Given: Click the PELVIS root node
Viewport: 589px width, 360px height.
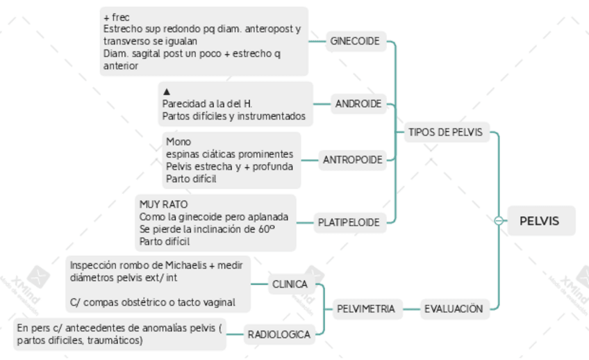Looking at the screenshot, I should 539,222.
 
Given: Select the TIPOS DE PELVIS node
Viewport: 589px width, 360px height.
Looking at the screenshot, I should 445,132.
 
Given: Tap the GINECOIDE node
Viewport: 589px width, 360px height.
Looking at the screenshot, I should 354,41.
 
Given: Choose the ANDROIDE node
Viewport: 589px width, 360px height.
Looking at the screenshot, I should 358,104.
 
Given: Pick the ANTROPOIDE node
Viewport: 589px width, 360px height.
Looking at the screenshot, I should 352,160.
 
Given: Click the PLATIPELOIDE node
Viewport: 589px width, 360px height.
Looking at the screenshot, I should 349,222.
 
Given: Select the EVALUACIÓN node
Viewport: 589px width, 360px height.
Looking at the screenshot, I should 453,309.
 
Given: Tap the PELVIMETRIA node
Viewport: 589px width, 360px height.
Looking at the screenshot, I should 366,309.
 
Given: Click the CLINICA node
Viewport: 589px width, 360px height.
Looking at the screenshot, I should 290,284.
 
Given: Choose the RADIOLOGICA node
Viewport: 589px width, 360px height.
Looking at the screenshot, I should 279,334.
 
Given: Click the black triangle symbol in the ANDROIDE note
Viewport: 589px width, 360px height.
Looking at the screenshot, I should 167,91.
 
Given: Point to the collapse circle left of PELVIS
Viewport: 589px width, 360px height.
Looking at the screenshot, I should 499,222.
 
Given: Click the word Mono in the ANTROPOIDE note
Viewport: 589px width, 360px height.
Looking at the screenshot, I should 179,142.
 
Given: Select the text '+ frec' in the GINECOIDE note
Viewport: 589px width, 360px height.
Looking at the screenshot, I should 116,17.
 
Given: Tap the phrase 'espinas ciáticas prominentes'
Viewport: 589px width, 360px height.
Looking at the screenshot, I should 229,154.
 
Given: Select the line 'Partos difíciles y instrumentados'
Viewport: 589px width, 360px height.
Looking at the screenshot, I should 233,116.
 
